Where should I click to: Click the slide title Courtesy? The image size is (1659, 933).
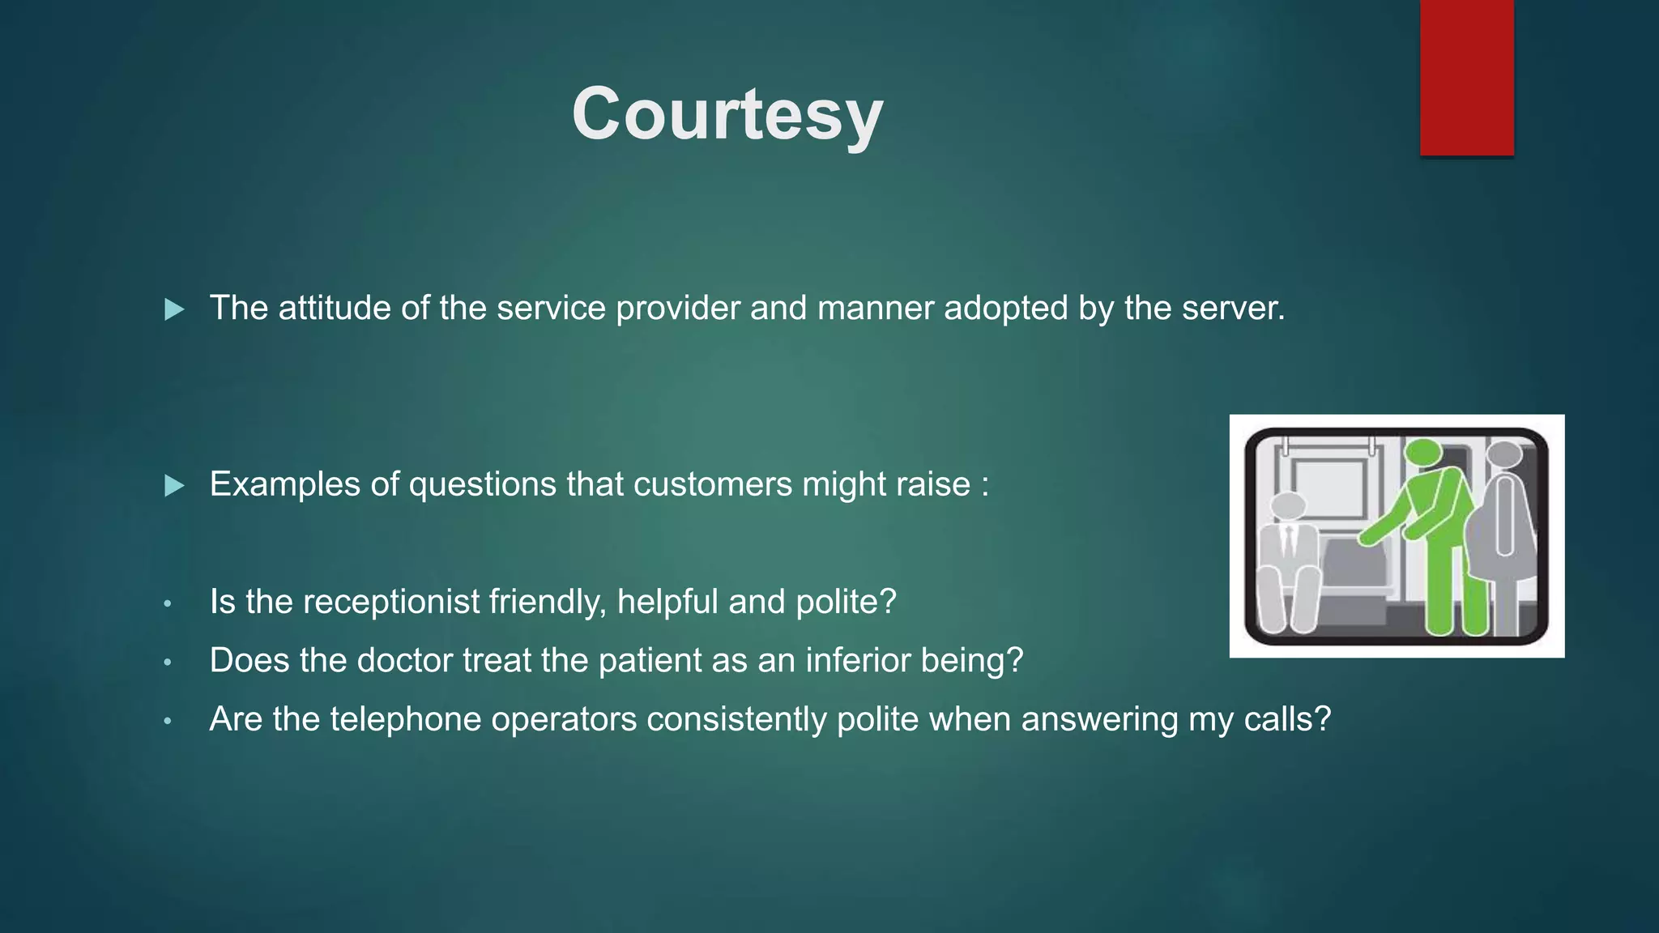(727, 114)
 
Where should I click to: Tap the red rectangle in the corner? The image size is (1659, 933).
(1466, 77)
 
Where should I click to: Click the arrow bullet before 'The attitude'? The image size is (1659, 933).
(174, 309)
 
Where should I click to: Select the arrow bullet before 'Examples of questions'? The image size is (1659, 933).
(174, 486)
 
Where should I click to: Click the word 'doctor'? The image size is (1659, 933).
(405, 660)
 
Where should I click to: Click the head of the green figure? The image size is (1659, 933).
(1423, 453)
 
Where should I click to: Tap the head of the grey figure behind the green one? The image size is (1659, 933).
(1505, 455)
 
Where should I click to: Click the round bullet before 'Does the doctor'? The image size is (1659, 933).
(168, 662)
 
